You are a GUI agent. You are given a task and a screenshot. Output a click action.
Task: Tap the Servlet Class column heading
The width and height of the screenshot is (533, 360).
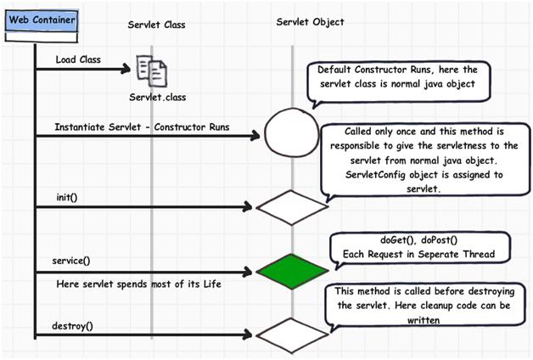coord(157,25)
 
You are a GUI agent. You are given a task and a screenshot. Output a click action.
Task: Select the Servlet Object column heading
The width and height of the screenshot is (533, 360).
coord(311,21)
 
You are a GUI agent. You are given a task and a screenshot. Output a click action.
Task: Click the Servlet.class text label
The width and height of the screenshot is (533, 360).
coord(158,98)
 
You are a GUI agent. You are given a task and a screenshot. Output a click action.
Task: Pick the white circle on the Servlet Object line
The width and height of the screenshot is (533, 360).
coord(290,135)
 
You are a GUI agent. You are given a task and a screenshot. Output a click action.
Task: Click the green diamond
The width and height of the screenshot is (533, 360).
coord(291,272)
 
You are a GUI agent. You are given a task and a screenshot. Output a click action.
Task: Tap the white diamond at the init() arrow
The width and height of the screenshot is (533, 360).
coord(291,207)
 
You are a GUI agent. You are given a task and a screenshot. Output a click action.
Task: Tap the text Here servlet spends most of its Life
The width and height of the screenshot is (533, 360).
coord(138,283)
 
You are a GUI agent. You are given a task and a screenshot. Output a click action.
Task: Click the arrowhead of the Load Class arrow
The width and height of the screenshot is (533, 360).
coord(127,69)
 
